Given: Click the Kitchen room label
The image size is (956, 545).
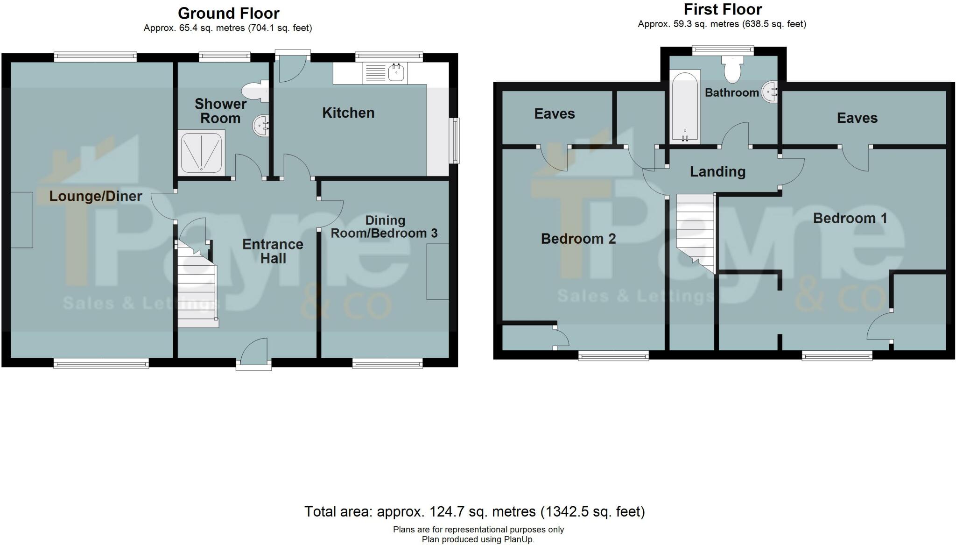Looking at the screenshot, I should [x=348, y=113].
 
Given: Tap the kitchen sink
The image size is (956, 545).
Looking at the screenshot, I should [x=396, y=73].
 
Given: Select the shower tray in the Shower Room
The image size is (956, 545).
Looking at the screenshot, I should [x=202, y=153].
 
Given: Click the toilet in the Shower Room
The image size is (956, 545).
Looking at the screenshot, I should [x=255, y=92].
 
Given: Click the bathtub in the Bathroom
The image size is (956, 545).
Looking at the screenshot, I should [x=685, y=106].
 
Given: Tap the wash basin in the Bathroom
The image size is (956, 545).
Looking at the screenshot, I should [x=770, y=92].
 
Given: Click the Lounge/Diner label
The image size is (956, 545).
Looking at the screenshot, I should [x=96, y=196].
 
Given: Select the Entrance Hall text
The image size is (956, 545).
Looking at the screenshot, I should [x=273, y=251].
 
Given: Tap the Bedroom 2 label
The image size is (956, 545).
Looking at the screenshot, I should [x=578, y=239].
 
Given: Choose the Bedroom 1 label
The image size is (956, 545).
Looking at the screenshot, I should [x=850, y=218].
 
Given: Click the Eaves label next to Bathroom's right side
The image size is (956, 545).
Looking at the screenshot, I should [x=857, y=118].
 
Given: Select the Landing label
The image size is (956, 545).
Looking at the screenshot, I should [x=717, y=172].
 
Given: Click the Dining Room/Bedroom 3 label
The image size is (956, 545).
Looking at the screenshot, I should [x=385, y=227].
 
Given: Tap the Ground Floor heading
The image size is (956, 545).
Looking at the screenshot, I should [x=229, y=13].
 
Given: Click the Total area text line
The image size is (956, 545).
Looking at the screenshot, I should [x=474, y=512].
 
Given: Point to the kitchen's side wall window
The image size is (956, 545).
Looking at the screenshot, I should [x=454, y=141].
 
